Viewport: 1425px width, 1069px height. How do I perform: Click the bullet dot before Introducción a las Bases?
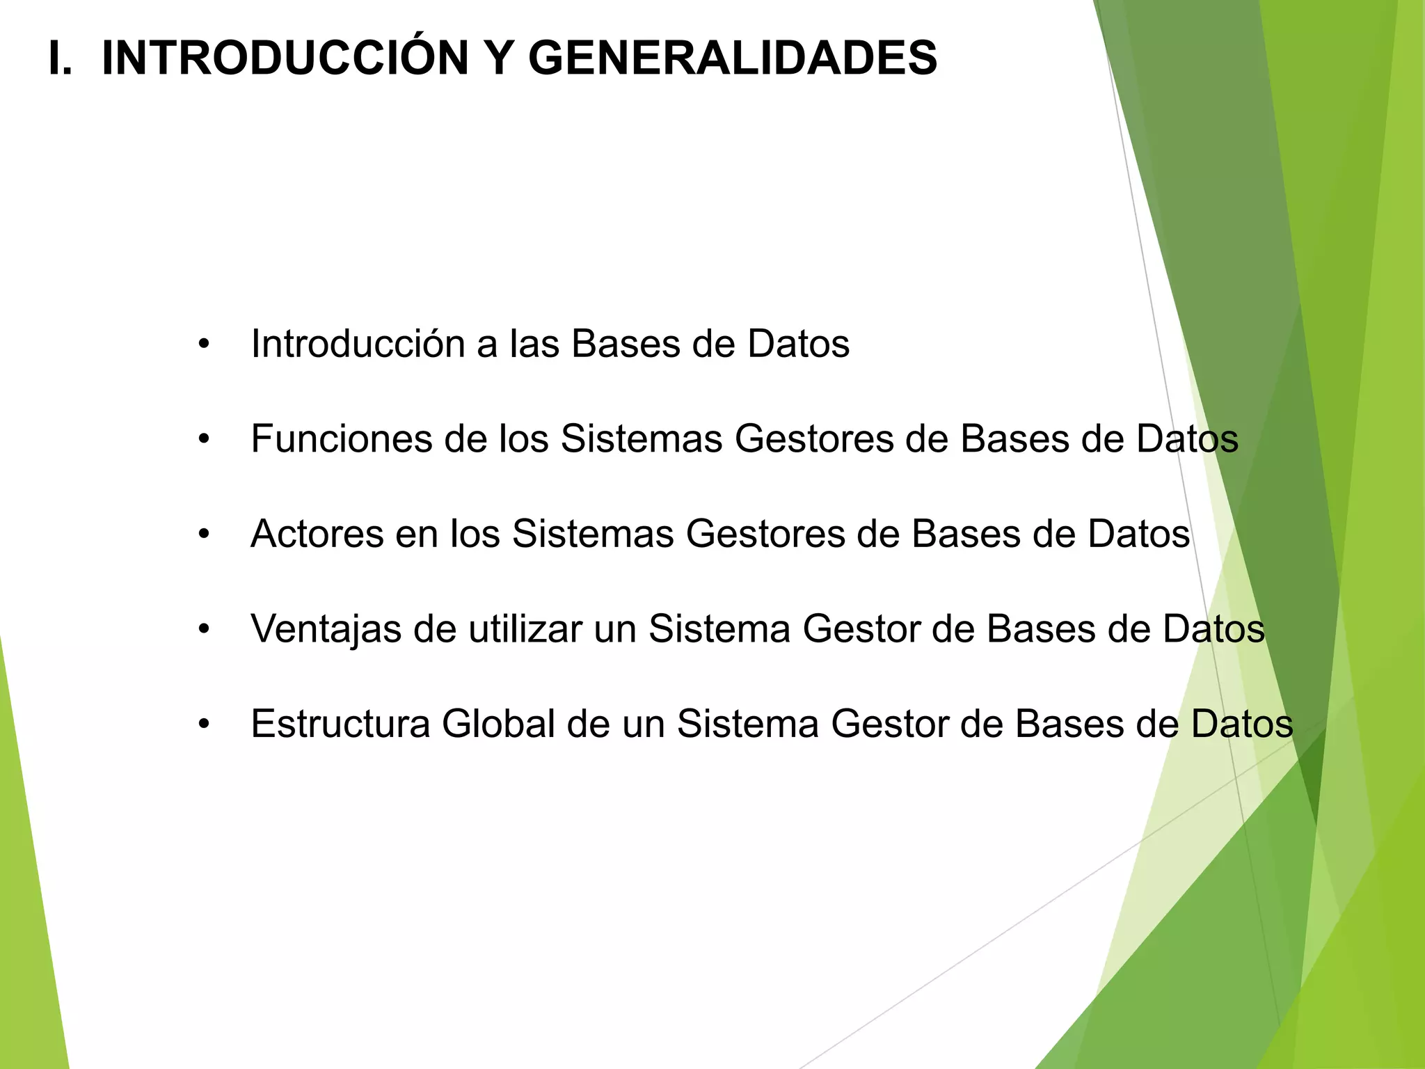(204, 344)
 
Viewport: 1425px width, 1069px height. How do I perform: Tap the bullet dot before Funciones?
(204, 439)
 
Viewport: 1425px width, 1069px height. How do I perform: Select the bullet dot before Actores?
(204, 534)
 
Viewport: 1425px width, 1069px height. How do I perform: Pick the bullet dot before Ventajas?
(204, 629)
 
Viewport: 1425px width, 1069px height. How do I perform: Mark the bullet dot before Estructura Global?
(204, 724)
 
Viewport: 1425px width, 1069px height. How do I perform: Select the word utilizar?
(525, 629)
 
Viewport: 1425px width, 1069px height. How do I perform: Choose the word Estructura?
(340, 724)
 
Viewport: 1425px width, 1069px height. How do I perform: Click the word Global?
(498, 724)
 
